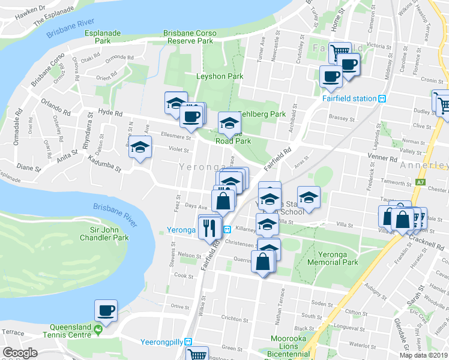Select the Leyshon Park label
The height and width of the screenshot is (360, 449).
(x=220, y=76)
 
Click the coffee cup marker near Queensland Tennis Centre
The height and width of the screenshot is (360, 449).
(x=106, y=311)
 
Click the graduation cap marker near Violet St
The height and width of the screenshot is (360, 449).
(x=140, y=147)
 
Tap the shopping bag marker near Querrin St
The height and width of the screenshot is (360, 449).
(x=263, y=262)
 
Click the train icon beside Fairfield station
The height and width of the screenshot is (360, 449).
(x=381, y=99)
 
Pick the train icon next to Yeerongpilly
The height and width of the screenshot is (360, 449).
(x=188, y=342)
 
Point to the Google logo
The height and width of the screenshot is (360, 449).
(x=20, y=353)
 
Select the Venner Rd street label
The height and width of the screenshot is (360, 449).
(x=384, y=160)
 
